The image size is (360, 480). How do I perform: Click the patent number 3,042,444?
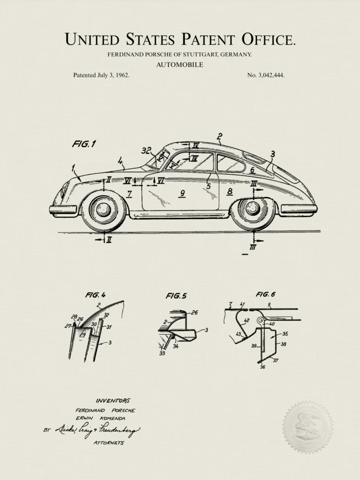[x=265, y=75]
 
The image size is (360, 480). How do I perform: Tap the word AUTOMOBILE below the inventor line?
[x=180, y=65]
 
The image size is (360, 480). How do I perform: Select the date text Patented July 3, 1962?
[x=101, y=75]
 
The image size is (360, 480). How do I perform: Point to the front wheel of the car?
[x=103, y=209]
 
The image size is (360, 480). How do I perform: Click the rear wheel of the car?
[x=252, y=208]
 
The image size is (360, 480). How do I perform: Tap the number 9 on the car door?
[x=182, y=194]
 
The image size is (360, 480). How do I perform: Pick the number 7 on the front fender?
[x=129, y=194]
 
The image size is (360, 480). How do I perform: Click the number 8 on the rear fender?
[x=230, y=192]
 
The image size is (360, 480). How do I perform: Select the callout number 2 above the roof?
[x=220, y=136]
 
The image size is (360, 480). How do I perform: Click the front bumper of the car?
[x=63, y=209]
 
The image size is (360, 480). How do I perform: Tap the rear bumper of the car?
[x=298, y=209]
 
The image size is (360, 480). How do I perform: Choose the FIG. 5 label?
[x=176, y=296]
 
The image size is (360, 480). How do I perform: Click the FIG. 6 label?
[x=265, y=295]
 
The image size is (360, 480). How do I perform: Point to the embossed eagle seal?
[x=308, y=426]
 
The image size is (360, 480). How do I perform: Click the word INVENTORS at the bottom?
[x=112, y=400]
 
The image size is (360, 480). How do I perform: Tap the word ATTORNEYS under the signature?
[x=109, y=443]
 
